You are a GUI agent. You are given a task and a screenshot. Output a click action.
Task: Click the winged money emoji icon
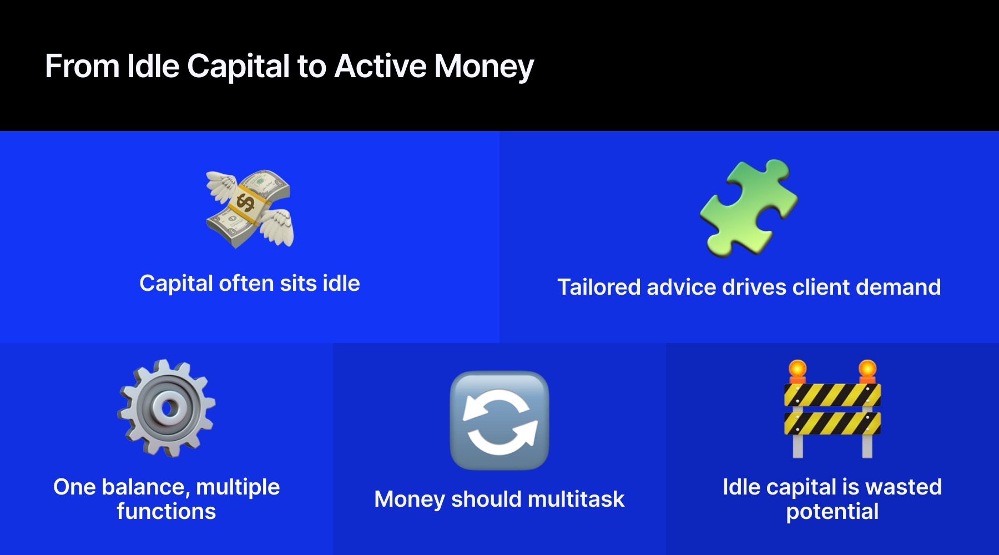click(250, 209)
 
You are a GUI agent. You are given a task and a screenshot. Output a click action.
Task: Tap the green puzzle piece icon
click(749, 208)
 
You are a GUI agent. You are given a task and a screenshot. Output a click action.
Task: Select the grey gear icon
click(167, 408)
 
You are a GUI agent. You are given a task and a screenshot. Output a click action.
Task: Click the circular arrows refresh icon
click(500, 420)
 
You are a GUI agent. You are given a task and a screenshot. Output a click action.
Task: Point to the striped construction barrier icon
click(832, 411)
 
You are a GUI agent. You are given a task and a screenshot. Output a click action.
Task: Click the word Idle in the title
click(153, 67)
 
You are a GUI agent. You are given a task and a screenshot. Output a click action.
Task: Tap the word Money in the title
click(483, 67)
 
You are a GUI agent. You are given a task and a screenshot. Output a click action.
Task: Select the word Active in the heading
click(380, 67)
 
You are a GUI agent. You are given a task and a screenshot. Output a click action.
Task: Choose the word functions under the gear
click(167, 512)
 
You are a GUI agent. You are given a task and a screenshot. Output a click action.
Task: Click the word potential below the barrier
click(832, 512)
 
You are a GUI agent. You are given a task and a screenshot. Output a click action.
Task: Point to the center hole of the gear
click(166, 408)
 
